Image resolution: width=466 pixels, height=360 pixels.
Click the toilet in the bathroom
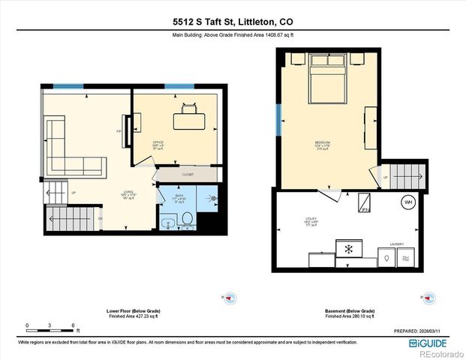click(188, 218)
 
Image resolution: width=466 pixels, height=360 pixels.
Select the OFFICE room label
click(158, 142)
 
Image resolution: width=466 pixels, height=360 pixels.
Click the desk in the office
click(188, 119)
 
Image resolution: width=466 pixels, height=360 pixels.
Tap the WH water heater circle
click(409, 203)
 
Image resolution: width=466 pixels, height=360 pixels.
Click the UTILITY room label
click(310, 220)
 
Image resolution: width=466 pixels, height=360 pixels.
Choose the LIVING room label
click(128, 193)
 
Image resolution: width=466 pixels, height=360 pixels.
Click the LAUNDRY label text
click(396, 244)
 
